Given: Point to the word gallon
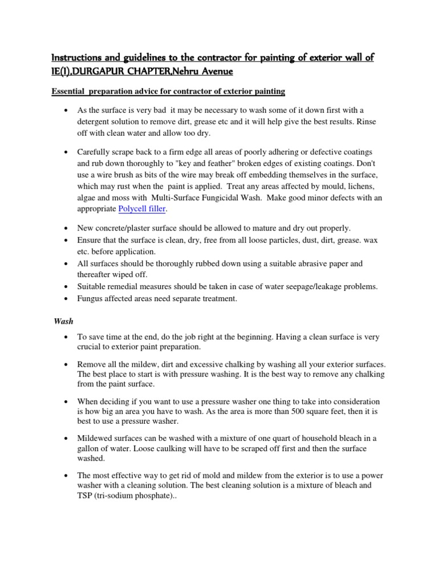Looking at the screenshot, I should tap(90, 448).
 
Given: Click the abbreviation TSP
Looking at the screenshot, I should tap(87, 496).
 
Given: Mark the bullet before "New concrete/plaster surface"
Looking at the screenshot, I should tap(67, 228).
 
